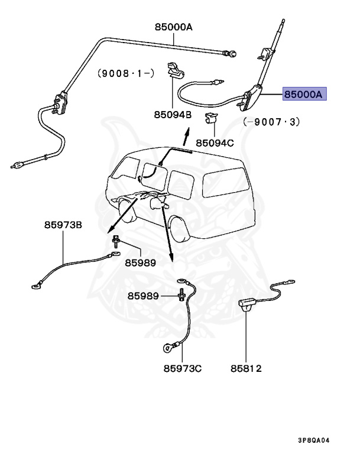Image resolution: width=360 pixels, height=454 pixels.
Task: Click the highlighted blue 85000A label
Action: coord(304,94)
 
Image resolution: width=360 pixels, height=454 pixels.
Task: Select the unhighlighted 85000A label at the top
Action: coord(174,27)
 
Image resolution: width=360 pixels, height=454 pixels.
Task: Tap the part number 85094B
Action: coord(169,115)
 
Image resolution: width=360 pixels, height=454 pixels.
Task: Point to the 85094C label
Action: coord(215,142)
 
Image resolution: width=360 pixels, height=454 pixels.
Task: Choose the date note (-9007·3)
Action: coord(271,122)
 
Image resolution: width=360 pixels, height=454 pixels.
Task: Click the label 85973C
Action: coord(183,369)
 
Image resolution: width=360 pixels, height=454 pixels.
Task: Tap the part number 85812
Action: coord(246,369)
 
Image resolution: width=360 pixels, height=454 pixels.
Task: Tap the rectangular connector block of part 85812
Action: coord(247,305)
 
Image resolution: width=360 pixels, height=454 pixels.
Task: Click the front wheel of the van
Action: coord(125,209)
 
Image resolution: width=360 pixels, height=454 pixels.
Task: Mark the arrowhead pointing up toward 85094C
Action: coord(186,136)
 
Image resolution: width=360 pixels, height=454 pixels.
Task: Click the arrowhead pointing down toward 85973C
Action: coord(172,259)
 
